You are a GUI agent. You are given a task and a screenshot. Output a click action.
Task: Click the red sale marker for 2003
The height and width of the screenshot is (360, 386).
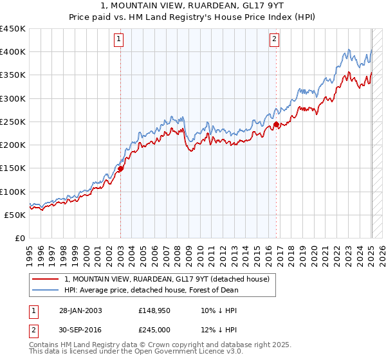tap(120, 168)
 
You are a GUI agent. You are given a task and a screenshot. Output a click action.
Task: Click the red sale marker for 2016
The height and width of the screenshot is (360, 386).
tap(276, 124)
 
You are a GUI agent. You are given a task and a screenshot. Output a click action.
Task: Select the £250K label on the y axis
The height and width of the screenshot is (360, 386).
tap(13, 122)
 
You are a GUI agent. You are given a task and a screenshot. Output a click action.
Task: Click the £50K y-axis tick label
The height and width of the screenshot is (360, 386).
tap(15, 215)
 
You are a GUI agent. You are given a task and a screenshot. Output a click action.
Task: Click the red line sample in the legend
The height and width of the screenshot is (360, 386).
tap(45, 279)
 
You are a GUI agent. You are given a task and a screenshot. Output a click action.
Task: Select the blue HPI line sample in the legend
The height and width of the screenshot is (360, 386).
tap(45, 290)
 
